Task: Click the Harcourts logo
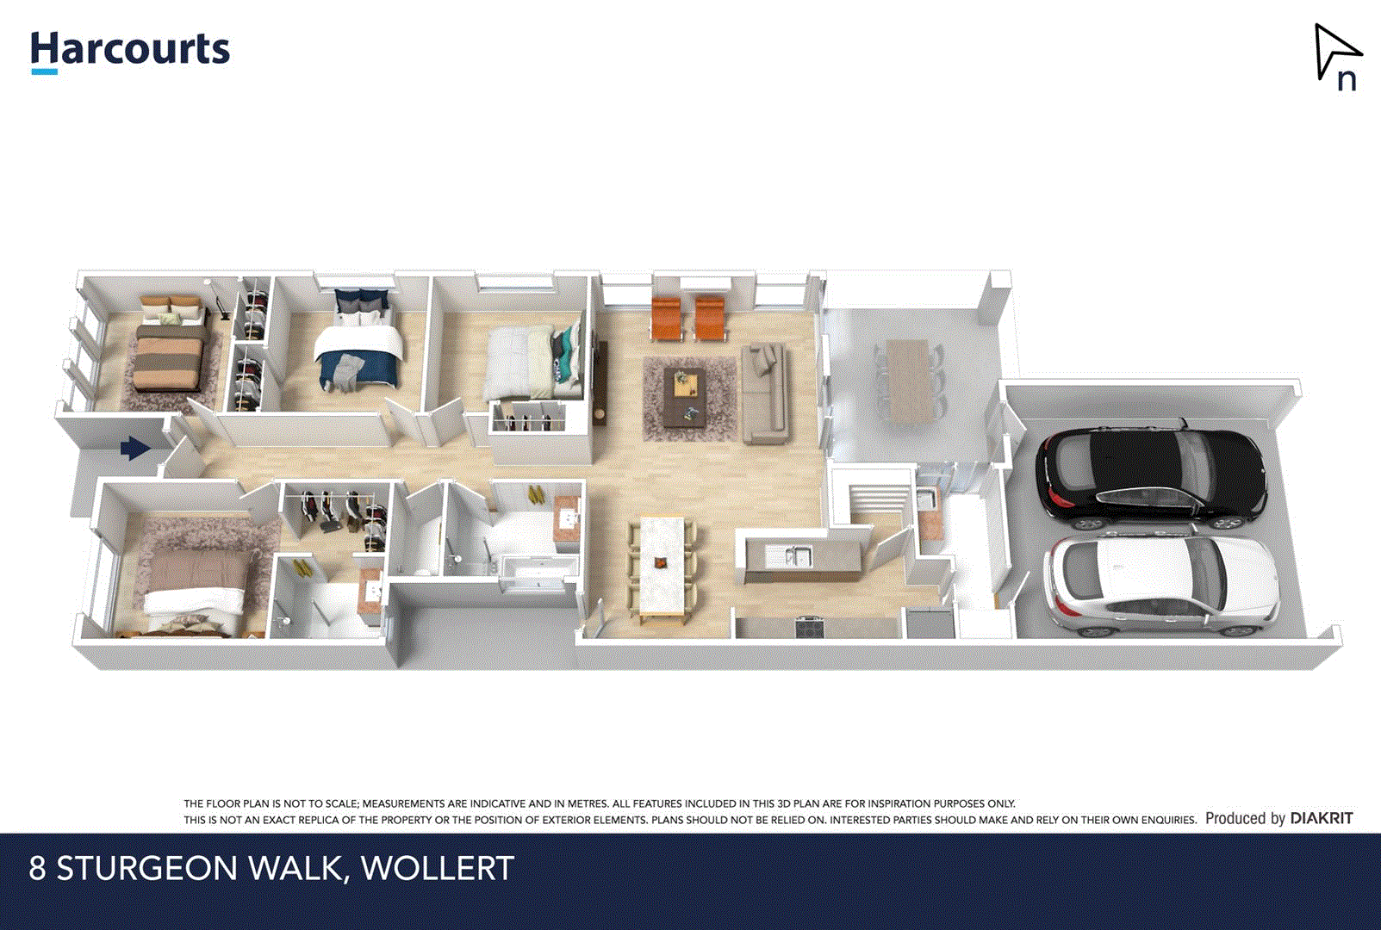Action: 130,51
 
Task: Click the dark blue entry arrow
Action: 135,448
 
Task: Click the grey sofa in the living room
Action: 764,392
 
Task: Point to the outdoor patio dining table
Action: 909,379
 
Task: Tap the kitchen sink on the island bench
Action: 797,556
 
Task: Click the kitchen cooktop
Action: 811,626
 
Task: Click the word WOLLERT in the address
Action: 438,868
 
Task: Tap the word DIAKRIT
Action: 1322,818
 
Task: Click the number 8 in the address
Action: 37,868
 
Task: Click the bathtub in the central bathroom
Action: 539,573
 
